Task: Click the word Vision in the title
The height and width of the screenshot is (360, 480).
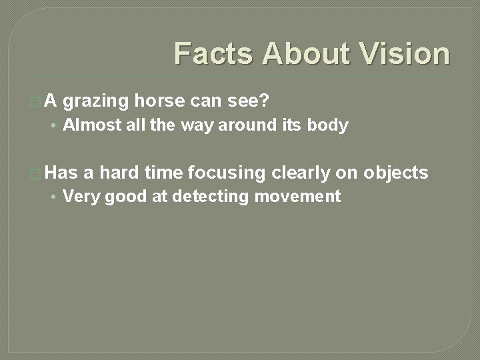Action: (405, 53)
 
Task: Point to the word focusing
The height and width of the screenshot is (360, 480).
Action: (227, 173)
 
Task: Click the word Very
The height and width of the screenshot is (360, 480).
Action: (79, 197)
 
